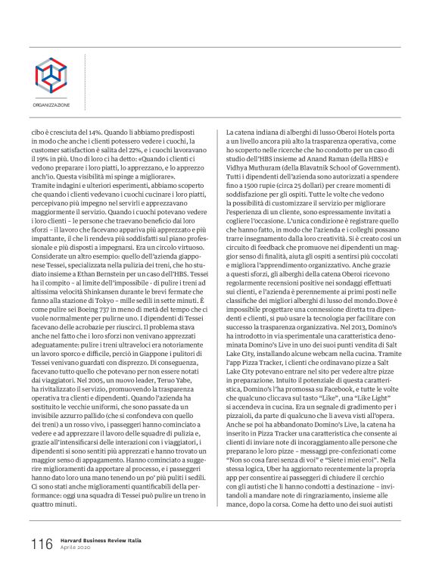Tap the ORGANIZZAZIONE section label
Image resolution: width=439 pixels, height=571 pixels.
[x=50, y=105]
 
